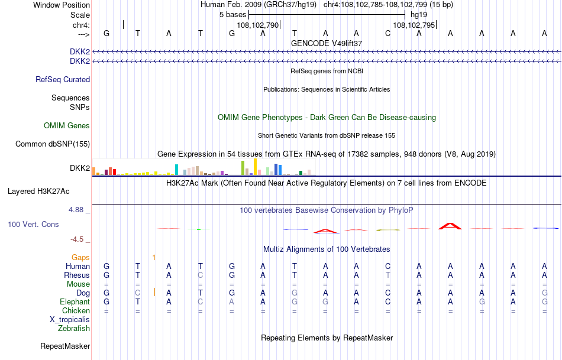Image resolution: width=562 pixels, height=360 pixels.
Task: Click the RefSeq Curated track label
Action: coord(63,80)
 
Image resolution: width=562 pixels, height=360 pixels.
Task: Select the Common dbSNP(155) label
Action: coord(53,144)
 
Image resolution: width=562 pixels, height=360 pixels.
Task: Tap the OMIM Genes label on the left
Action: coord(67,126)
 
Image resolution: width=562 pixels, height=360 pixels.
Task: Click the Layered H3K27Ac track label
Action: coord(38,192)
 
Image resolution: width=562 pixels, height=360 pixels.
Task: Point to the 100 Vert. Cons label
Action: coord(33,225)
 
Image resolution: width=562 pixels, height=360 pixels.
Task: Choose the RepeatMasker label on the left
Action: coord(65,346)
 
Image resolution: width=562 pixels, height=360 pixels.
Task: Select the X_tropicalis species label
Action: coord(70,320)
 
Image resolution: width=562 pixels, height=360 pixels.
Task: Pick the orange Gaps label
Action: coord(80,258)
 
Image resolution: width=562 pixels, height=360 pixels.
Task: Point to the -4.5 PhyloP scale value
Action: coord(78,239)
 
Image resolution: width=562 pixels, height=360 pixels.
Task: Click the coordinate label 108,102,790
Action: coord(257,25)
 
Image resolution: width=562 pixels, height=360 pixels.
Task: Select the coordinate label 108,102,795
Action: coord(414,25)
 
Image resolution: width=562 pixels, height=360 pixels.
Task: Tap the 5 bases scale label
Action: coord(232,14)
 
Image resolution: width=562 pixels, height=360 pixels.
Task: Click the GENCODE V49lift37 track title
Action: coord(327,44)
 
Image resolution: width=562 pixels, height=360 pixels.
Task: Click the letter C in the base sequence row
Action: coord(387,33)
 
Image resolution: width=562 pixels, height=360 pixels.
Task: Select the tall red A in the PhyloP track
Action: coord(450,226)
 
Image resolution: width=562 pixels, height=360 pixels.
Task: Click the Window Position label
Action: coord(62,5)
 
